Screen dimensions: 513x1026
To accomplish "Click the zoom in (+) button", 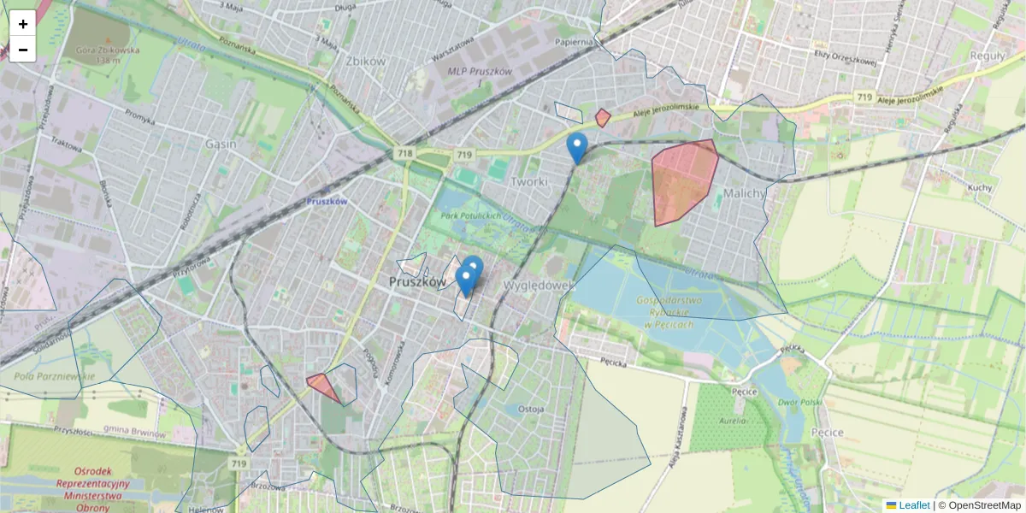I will [22, 24].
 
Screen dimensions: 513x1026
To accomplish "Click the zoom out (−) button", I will [22, 50].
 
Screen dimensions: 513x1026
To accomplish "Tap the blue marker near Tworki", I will [577, 147].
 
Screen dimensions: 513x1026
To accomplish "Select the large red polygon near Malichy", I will [681, 180].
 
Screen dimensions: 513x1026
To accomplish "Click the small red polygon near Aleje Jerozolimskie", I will [603, 118].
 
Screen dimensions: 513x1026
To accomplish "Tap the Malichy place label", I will [744, 193].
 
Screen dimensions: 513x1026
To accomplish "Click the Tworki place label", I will [528, 182].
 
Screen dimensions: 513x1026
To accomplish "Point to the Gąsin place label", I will [221, 144].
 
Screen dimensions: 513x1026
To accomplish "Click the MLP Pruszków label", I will [480, 72].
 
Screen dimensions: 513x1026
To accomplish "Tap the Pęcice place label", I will [826, 433].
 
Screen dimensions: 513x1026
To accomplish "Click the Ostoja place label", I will [531, 409].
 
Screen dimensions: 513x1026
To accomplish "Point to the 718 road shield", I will [405, 154].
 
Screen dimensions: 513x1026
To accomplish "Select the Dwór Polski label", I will [800, 402].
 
